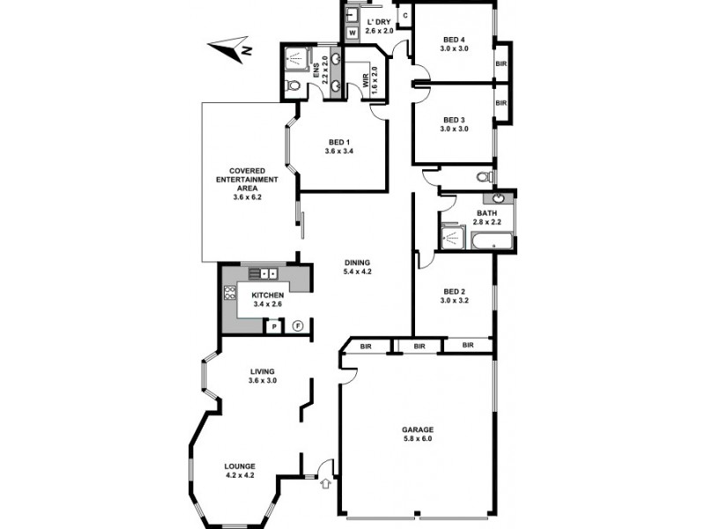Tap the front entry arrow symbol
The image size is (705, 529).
[x=325, y=482]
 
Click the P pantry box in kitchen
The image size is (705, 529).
[x=274, y=326]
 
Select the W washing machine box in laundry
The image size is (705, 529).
[x=352, y=34]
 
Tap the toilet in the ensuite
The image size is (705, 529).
[x=292, y=86]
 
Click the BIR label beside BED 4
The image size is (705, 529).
[x=501, y=63]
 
